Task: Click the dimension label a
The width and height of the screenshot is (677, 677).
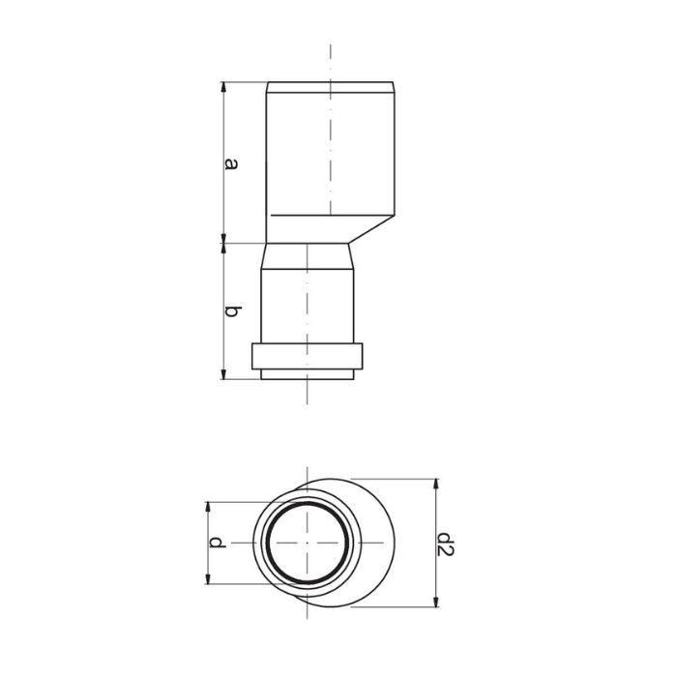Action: [x=231, y=164]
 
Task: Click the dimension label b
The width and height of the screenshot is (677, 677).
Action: [x=232, y=311]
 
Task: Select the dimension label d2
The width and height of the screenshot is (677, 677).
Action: [x=445, y=544]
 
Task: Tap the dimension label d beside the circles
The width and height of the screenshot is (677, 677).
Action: [x=218, y=543]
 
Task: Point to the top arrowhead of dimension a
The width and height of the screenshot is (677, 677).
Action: [x=223, y=87]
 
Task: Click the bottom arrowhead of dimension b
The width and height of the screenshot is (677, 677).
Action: [x=223, y=374]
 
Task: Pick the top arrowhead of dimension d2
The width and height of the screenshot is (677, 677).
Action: [x=436, y=484]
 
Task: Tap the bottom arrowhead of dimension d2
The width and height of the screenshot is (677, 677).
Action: [x=436, y=602]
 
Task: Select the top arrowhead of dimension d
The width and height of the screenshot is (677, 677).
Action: [x=208, y=508]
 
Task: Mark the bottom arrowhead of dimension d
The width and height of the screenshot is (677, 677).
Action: [x=208, y=578]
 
